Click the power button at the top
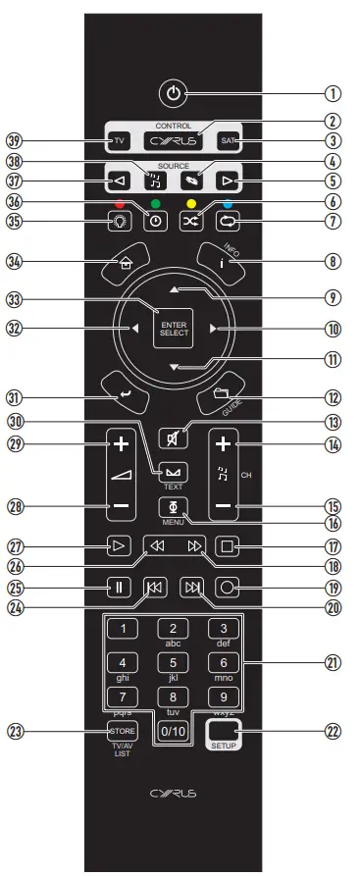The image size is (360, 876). click(174, 94)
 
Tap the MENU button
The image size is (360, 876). click(173, 507)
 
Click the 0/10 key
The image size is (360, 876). click(173, 732)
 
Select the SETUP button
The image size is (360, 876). click(223, 734)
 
